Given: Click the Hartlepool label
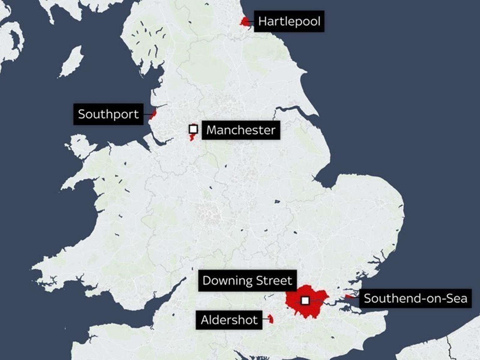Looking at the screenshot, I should [289, 21].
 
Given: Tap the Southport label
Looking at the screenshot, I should [108, 114].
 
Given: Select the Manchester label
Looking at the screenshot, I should [241, 130].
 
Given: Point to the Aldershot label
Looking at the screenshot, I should [229, 320].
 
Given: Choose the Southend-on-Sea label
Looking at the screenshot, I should [415, 298].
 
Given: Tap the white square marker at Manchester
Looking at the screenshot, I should [193, 129].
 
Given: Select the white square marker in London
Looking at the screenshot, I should [305, 300].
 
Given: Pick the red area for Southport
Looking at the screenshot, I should [154, 114].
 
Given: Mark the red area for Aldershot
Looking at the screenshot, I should [271, 319].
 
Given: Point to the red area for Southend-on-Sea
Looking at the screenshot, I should [349, 297].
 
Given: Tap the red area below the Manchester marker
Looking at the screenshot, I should [192, 138].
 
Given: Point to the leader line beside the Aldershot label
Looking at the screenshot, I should [265, 319].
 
